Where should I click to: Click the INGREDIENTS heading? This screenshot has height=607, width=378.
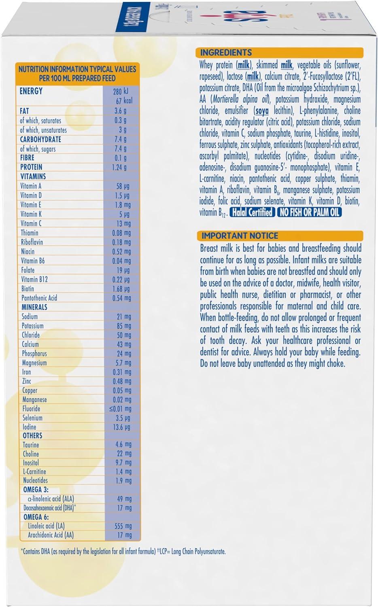[226, 53]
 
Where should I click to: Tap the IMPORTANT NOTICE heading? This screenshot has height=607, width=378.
[240, 236]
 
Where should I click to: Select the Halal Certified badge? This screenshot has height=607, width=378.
[253, 212]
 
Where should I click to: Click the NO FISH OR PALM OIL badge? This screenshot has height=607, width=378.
[310, 212]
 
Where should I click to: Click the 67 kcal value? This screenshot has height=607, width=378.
[124, 101]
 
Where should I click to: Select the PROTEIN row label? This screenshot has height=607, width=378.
[31, 167]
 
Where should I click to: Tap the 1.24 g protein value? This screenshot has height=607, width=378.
[119, 167]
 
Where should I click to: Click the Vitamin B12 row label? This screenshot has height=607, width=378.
[34, 279]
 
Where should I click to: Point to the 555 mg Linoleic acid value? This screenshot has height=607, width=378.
[123, 526]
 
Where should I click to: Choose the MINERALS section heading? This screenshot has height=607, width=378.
[34, 307]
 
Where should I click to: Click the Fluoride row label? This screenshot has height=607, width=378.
[31, 409]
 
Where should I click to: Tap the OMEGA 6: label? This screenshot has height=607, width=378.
[35, 517]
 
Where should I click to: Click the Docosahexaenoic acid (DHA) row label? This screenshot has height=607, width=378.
[50, 508]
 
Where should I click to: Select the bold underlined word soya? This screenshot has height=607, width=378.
[262, 111]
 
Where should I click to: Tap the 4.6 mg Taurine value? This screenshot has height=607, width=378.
[123, 445]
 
